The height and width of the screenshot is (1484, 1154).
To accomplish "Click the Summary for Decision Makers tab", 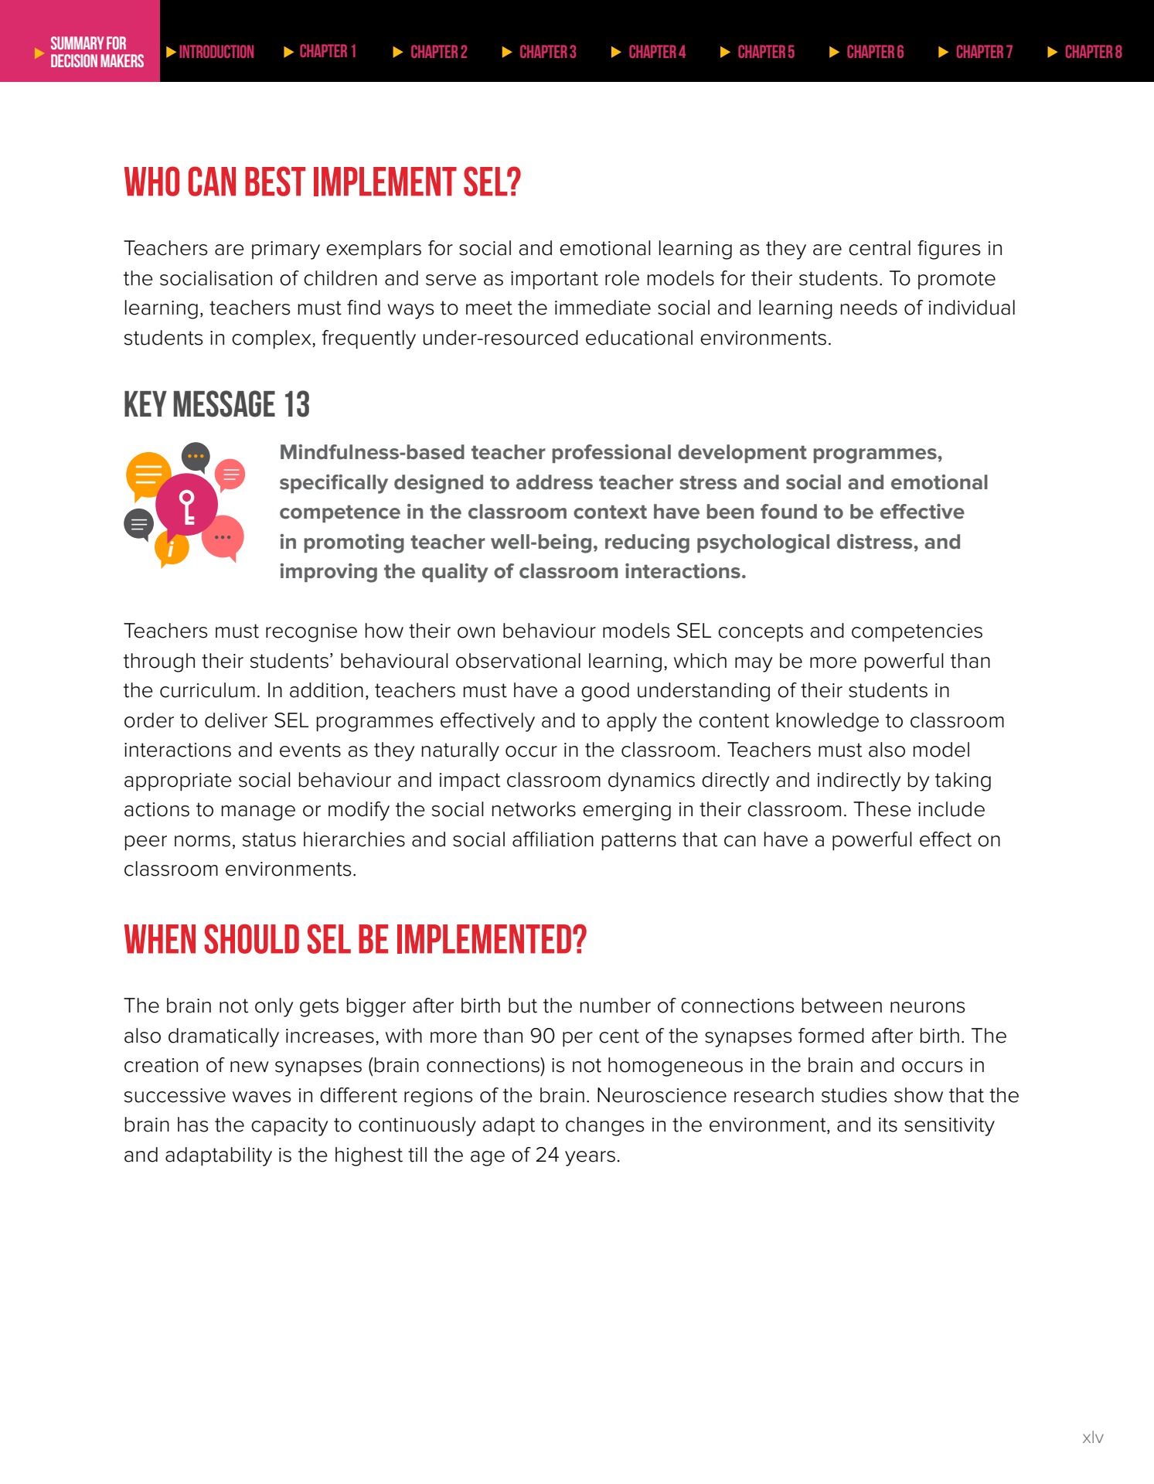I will click(89, 52).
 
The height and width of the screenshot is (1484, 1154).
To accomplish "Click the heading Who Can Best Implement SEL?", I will click(322, 183).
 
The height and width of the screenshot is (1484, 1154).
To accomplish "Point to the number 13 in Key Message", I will click(296, 405).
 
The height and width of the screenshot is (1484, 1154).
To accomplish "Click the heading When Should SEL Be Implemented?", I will click(355, 940).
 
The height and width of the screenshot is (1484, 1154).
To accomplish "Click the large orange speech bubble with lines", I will click(148, 474).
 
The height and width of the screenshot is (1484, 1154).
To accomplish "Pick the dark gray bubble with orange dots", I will click(196, 457).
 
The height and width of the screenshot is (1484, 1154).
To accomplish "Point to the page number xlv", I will click(1092, 1438).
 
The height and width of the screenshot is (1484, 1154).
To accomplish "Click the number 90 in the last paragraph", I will click(542, 1036).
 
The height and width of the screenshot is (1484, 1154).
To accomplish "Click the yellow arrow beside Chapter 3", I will click(507, 52).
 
